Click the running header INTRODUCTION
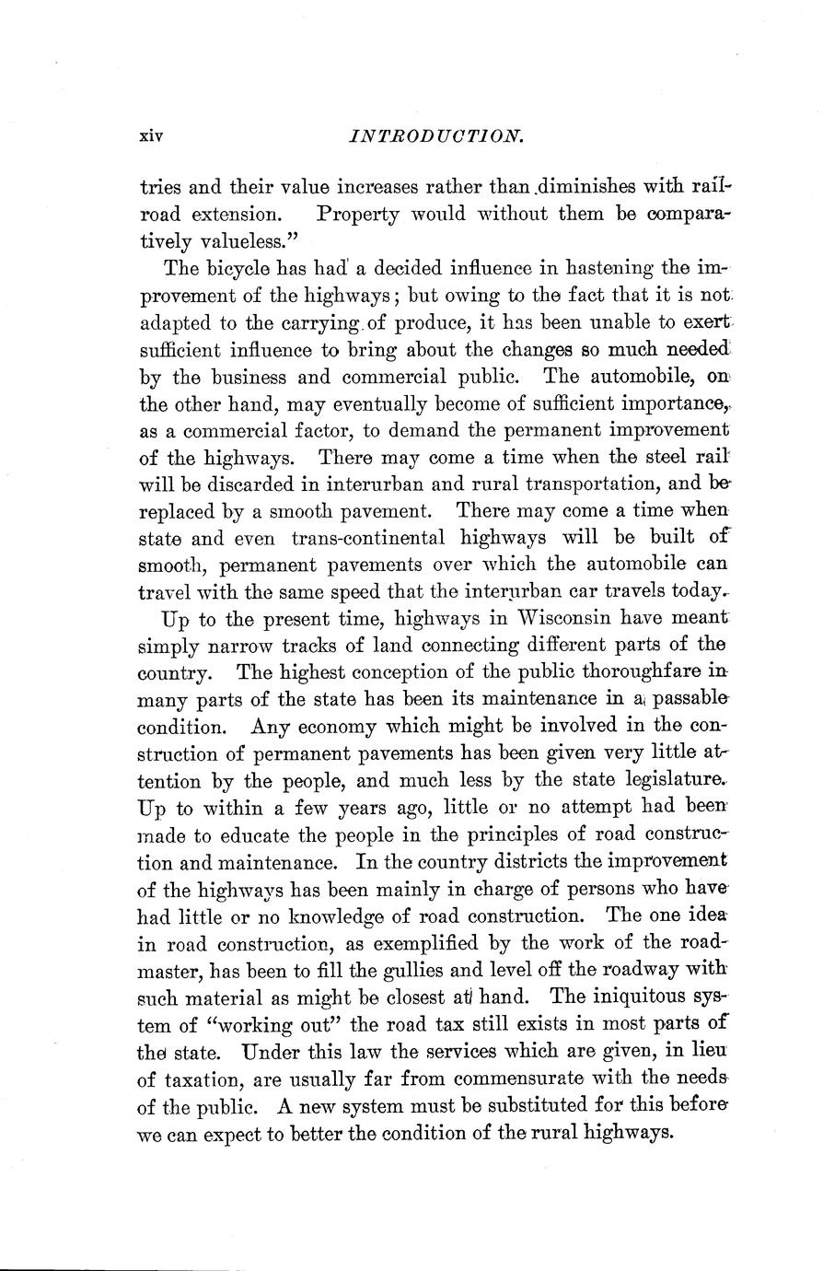(432, 136)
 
